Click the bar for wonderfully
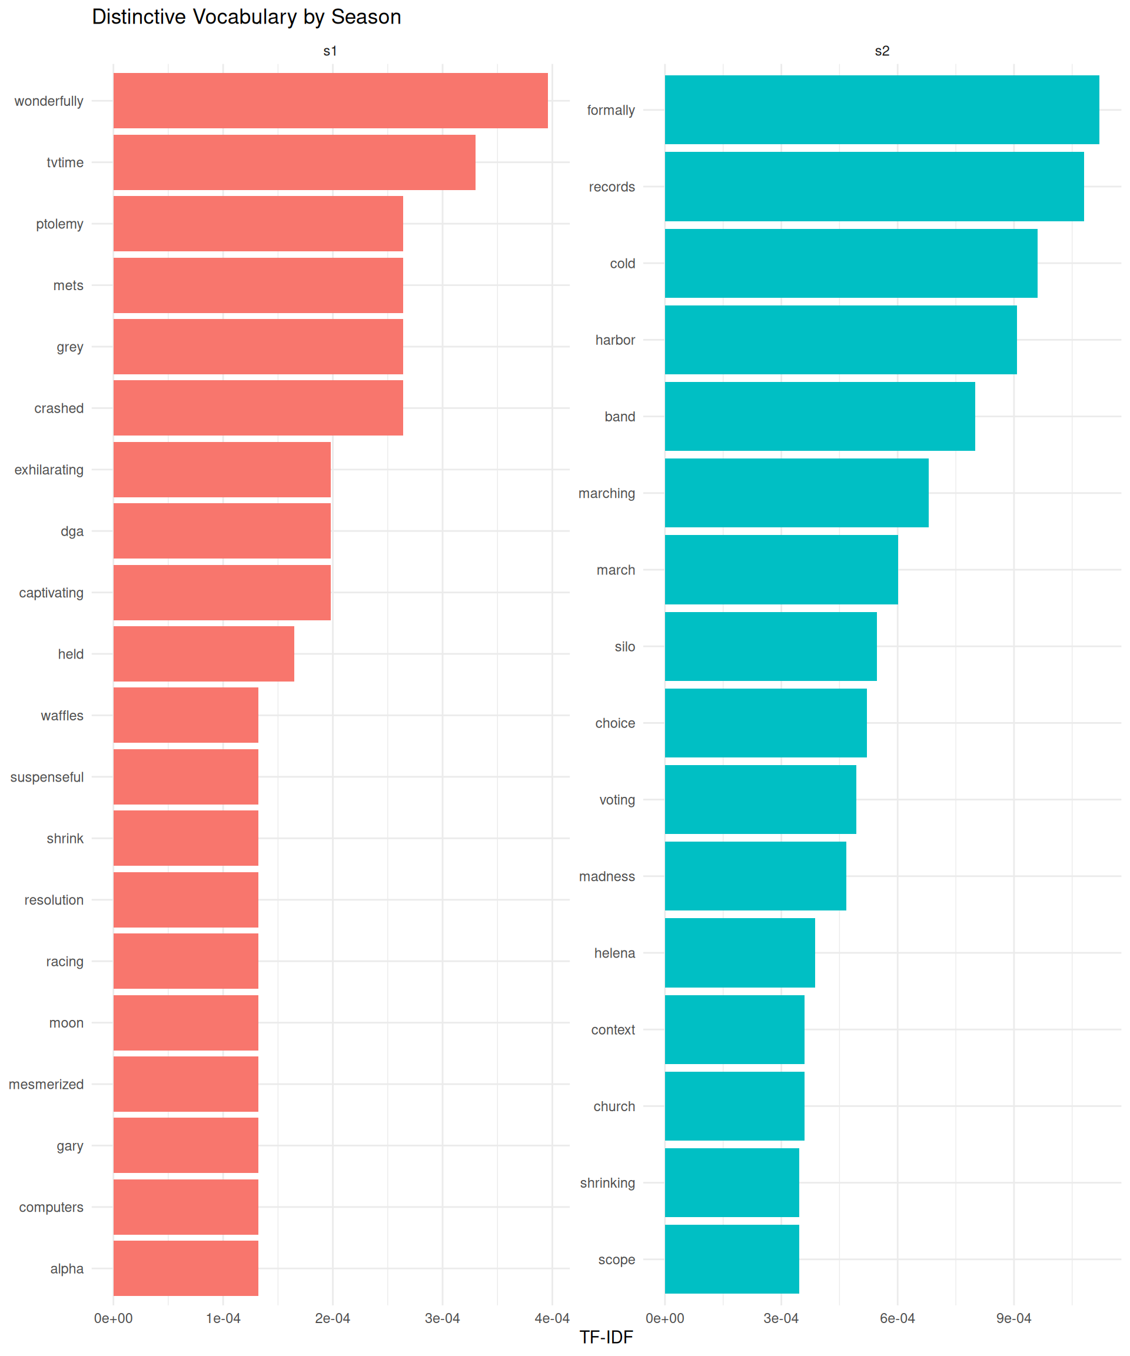(x=330, y=101)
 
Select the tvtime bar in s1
(x=294, y=162)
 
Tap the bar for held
(x=204, y=653)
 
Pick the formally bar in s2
(x=882, y=110)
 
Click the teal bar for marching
(x=796, y=493)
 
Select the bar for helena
(x=739, y=952)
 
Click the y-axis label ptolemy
(x=59, y=224)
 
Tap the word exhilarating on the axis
(x=49, y=470)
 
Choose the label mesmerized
(x=46, y=1084)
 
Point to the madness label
(x=606, y=876)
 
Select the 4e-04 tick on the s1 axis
(x=551, y=1318)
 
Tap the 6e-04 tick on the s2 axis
(x=897, y=1318)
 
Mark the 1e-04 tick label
(x=223, y=1318)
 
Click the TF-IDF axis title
(x=606, y=1337)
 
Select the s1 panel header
(x=330, y=51)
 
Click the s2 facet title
(x=882, y=51)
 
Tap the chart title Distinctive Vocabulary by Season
(x=246, y=17)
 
